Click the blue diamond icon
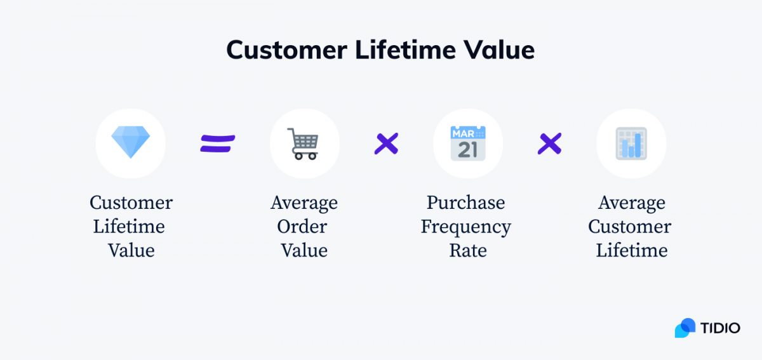pyautogui.click(x=131, y=142)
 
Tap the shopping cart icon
pyautogui.click(x=304, y=143)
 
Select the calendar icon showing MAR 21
pyautogui.click(x=468, y=143)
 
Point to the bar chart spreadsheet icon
pyautogui.click(x=631, y=143)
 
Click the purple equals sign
pyautogui.click(x=218, y=143)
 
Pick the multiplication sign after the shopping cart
pyautogui.click(x=386, y=143)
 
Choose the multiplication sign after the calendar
pyautogui.click(x=549, y=143)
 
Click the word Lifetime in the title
pyautogui.click(x=398, y=50)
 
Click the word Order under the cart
pyautogui.click(x=304, y=227)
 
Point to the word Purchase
pyautogui.click(x=465, y=203)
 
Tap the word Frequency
pyautogui.click(x=465, y=227)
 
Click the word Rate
pyautogui.click(x=467, y=250)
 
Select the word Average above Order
pyautogui.click(x=304, y=203)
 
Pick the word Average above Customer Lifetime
pyautogui.click(x=631, y=203)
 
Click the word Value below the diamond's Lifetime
pyautogui.click(x=131, y=250)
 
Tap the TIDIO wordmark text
pyautogui.click(x=720, y=328)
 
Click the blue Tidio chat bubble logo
pyautogui.click(x=685, y=328)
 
